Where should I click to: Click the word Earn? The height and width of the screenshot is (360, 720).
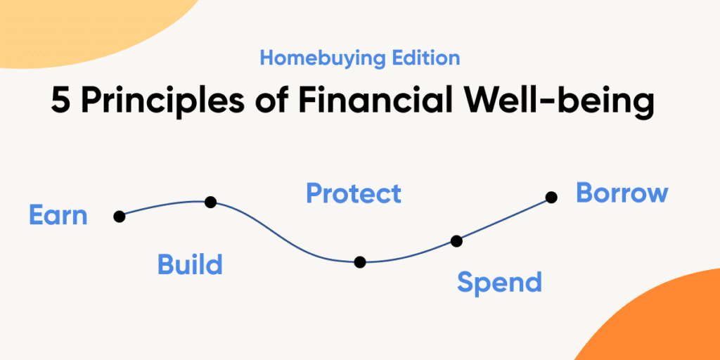[58, 215]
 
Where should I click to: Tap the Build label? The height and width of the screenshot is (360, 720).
[190, 264]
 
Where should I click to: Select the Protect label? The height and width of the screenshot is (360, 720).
[354, 193]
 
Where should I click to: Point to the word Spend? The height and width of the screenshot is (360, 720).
[499, 283]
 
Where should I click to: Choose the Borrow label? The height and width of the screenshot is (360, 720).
[622, 193]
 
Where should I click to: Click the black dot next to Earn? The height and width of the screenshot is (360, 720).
[120, 217]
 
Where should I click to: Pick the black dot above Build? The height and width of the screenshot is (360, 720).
[210, 202]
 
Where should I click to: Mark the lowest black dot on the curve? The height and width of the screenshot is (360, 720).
[360, 262]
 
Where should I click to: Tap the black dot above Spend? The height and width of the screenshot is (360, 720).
[456, 240]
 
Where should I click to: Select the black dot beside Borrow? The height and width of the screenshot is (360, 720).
[551, 198]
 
